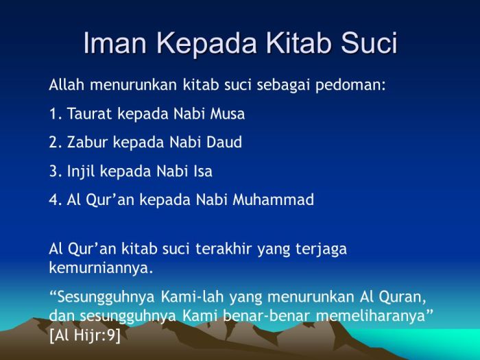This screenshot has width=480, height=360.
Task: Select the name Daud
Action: [223, 143]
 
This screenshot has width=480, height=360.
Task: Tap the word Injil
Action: [82, 171]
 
